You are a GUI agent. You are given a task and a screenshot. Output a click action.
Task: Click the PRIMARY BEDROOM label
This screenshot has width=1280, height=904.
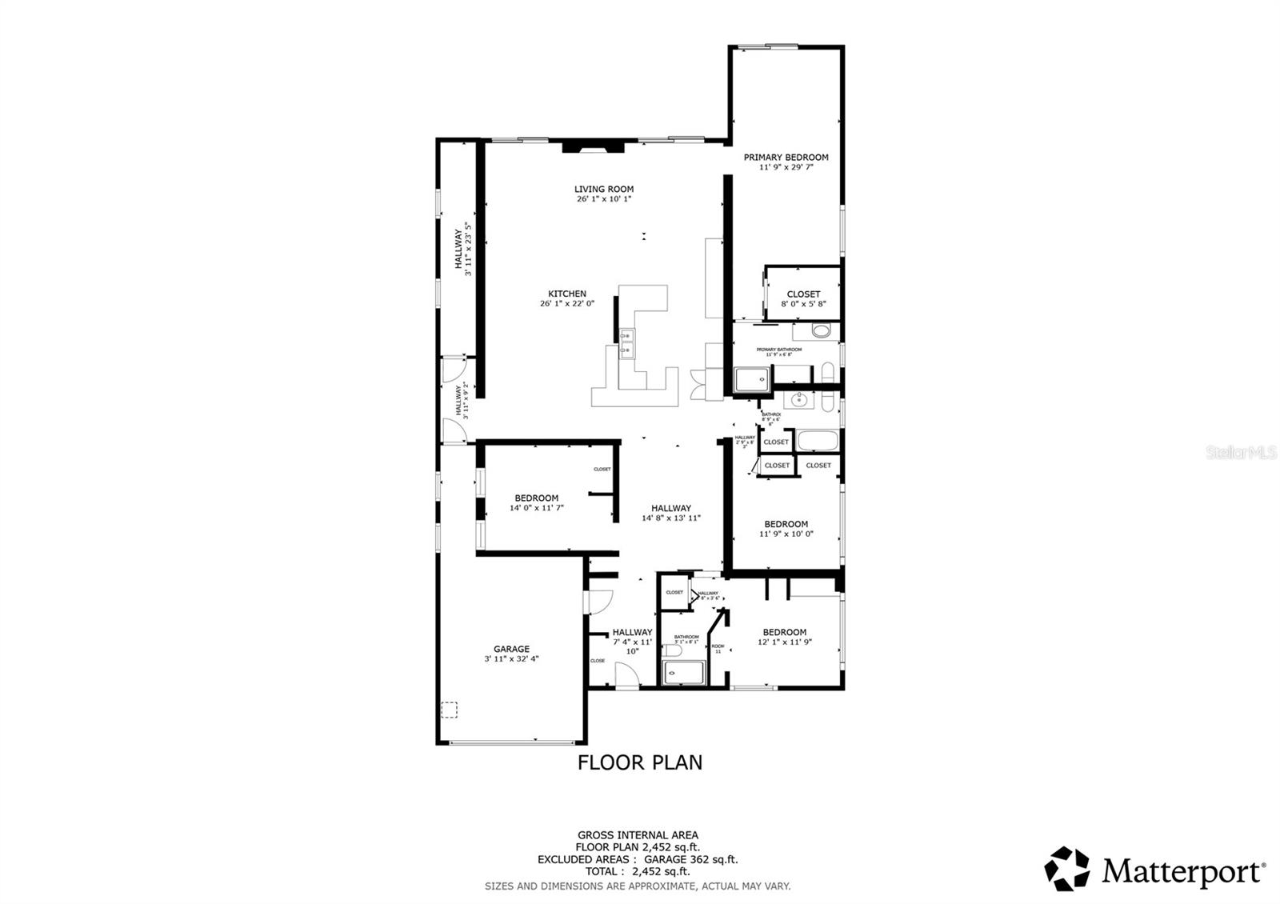coord(786,158)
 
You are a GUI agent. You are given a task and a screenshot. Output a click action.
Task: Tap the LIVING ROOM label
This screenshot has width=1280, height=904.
coord(603,190)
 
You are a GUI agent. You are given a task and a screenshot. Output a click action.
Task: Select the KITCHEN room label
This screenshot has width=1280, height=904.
coord(566,294)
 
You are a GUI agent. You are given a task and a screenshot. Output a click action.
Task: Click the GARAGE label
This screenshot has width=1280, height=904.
coord(511,649)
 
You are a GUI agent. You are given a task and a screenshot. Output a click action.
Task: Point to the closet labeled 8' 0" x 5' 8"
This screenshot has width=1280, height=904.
coord(803,298)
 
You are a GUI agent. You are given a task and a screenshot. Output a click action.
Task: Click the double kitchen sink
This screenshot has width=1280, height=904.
coord(626,342)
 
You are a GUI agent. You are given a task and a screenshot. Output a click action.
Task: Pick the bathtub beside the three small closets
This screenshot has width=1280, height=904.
coord(816,441)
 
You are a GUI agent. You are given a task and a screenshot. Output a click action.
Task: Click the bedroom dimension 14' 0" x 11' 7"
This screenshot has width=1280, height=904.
coord(536,508)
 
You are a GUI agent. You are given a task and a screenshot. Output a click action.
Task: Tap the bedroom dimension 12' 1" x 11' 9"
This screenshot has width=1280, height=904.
coord(785,642)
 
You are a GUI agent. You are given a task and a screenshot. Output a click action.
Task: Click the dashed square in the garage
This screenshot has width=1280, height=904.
coord(450,709)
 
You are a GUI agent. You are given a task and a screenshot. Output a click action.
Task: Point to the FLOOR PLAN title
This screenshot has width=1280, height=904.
coord(640,762)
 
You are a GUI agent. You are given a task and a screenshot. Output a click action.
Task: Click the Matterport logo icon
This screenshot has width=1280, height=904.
coord(1068,869)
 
